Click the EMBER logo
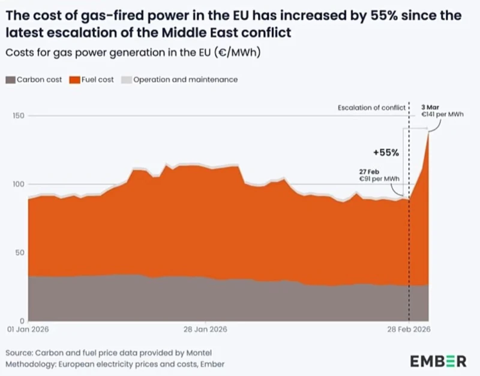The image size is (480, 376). (x=438, y=361)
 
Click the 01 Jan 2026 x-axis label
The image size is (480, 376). (x=26, y=330)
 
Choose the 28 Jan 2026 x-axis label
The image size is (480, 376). (x=205, y=330)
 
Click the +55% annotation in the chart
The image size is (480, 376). (x=388, y=153)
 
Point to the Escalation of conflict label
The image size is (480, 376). (x=370, y=108)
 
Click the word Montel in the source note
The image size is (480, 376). (x=199, y=352)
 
